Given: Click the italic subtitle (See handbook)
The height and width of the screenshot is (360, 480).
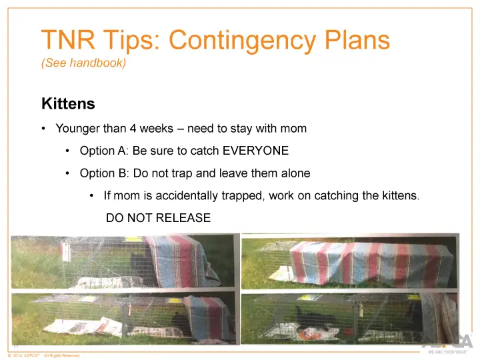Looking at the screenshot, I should [x=84, y=65].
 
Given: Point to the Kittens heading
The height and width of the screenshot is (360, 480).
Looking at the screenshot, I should [x=68, y=105].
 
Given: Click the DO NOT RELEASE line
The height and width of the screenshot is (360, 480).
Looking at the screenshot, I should [x=158, y=218].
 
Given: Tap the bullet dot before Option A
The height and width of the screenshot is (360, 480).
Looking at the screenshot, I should [x=68, y=151].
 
